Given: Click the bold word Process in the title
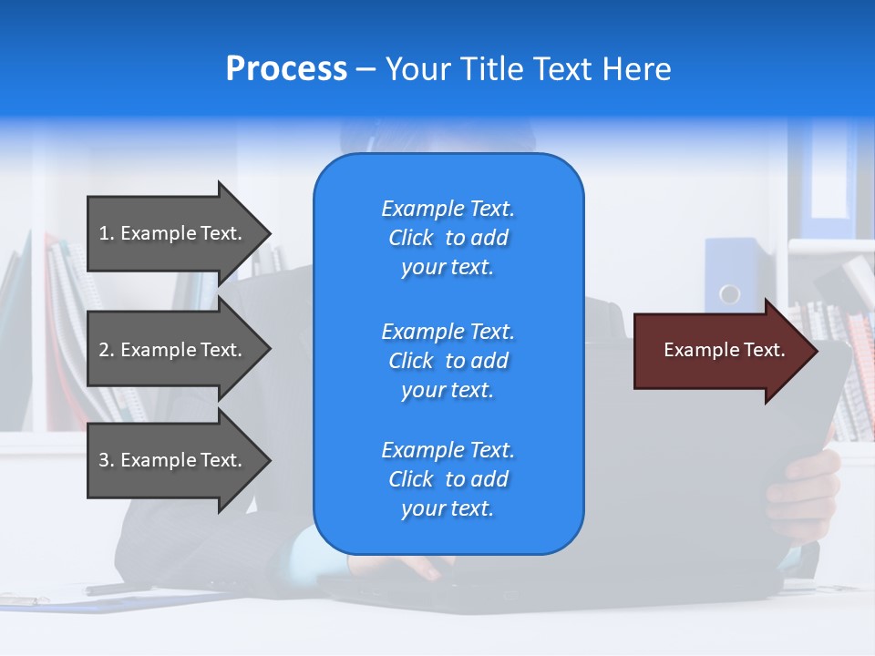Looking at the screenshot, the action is pos(286,69).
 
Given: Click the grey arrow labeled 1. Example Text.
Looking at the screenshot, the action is pos(173,233).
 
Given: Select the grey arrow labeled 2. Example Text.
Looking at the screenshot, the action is pos(173,350).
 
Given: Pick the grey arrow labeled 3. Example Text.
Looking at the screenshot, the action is pos(173,460).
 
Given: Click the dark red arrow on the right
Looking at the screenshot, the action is pos(720,351).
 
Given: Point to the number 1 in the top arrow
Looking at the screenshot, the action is pos(104,233).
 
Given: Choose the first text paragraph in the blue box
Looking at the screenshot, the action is pos(448,238).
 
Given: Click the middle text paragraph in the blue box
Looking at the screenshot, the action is pos(448,361).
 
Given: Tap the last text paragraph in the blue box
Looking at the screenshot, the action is pos(448,479).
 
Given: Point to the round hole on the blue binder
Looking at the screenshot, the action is pos(729,294).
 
